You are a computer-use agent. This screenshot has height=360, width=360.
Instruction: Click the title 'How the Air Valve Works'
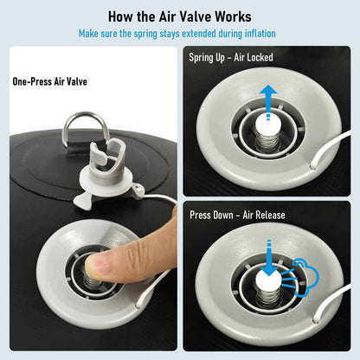(179, 16)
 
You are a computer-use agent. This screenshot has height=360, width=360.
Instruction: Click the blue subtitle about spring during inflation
(179, 34)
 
